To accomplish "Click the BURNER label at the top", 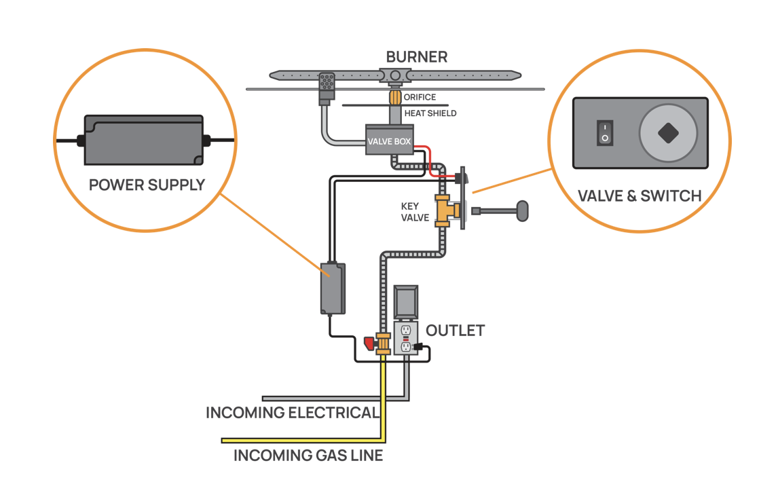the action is (x=417, y=57).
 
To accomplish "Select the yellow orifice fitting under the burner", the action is (x=395, y=97).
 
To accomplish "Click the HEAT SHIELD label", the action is (x=430, y=113).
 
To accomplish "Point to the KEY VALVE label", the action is (x=415, y=212).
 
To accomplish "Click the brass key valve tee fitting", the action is (x=447, y=211).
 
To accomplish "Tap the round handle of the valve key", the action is (x=522, y=211).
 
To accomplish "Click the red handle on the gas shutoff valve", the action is (x=369, y=344).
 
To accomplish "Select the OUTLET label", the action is (x=455, y=331).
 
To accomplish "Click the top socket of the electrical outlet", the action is (x=406, y=330).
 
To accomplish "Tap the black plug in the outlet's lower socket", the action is (x=417, y=347).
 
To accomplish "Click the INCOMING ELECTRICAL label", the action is (x=292, y=413).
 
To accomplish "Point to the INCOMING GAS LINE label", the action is (x=308, y=456).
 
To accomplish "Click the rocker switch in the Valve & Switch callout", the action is (x=605, y=133).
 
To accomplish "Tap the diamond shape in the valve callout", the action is (x=668, y=133).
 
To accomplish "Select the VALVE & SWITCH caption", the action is (x=640, y=196).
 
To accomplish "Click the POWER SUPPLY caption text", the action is (x=147, y=185).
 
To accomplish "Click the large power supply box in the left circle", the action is (x=144, y=140).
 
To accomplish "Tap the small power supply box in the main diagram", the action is (x=333, y=289).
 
